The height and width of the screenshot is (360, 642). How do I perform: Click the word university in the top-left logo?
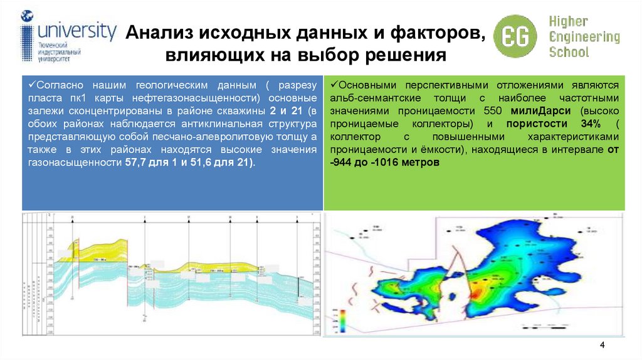click(x=76, y=31)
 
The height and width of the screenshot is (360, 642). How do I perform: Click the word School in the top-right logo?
click(x=569, y=51)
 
